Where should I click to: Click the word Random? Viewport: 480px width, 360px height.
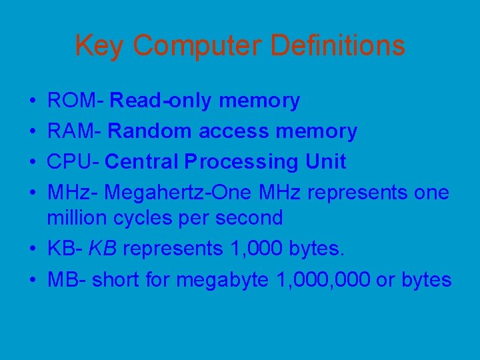click(x=150, y=131)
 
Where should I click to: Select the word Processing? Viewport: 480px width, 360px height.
click(x=242, y=161)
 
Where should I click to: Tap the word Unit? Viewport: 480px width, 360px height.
click(x=326, y=161)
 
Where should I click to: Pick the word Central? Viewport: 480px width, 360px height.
click(x=142, y=161)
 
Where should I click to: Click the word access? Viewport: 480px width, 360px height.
click(x=234, y=131)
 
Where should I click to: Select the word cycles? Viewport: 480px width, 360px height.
click(x=133, y=218)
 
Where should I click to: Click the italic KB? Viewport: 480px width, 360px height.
click(x=104, y=249)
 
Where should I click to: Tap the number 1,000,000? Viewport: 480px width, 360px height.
click(x=323, y=280)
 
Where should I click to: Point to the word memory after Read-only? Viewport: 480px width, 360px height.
click(x=259, y=101)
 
